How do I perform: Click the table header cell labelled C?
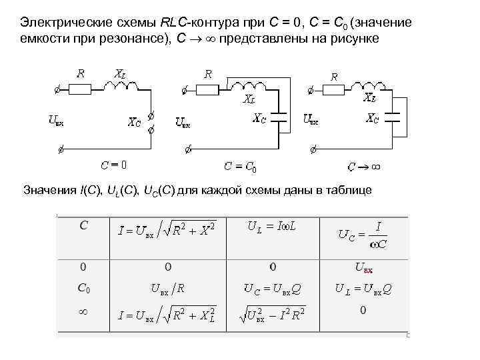click(83, 225)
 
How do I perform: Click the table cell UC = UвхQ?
click(272, 289)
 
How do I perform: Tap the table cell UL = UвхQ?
click(363, 289)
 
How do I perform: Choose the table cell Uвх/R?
click(167, 289)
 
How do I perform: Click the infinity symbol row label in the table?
click(83, 311)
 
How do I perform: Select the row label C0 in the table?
click(84, 289)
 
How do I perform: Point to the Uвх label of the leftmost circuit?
click(57, 121)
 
